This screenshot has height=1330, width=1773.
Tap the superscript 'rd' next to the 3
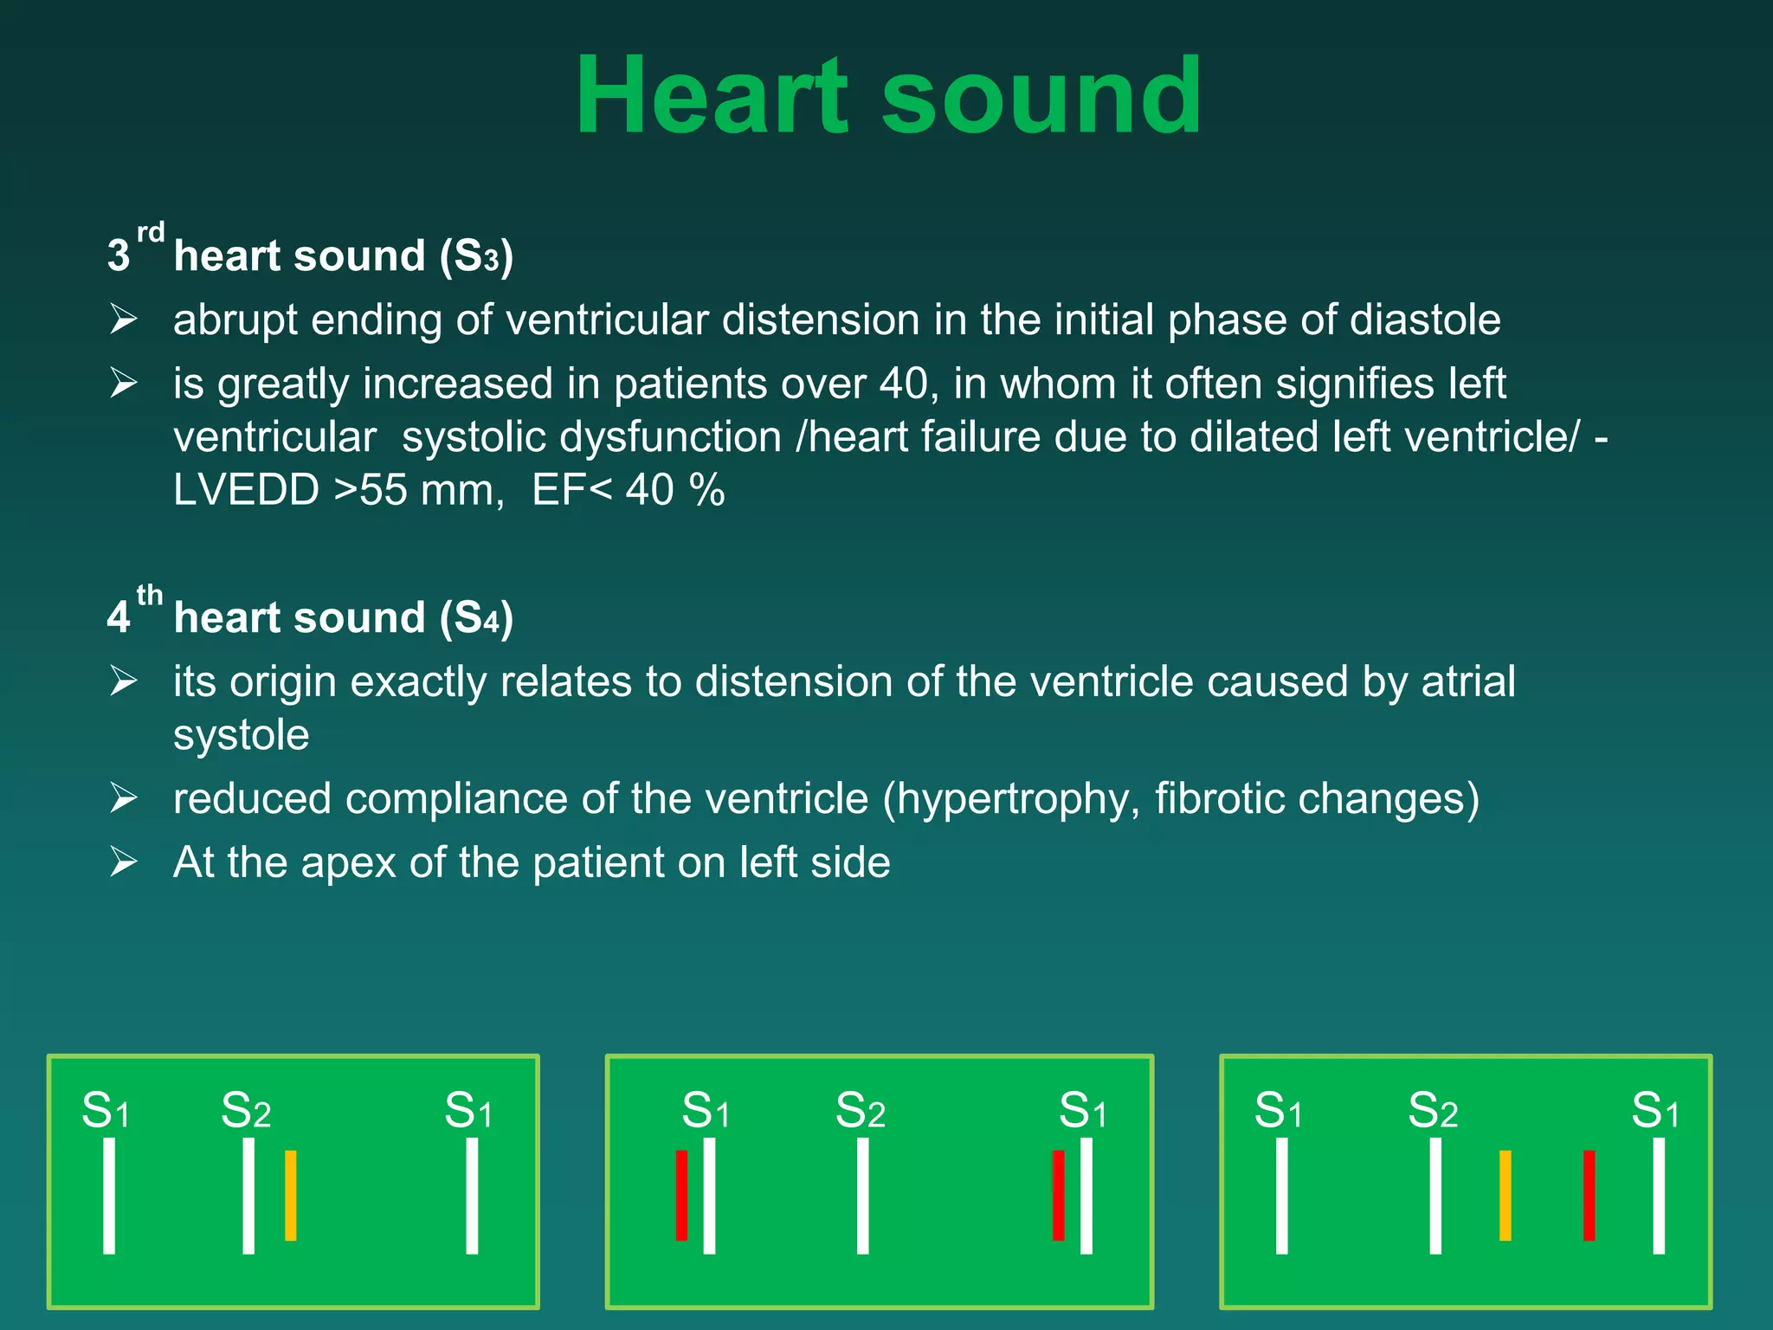151,232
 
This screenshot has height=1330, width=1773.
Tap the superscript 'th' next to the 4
150,595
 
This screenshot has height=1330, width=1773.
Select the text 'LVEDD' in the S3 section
246,490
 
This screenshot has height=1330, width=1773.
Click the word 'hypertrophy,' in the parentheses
1018,798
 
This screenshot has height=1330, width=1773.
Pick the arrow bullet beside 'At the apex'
124,862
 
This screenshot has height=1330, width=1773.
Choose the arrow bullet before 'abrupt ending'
124,320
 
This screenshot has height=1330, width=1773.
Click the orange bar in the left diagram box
291,1195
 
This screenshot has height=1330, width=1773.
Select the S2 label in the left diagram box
246,1111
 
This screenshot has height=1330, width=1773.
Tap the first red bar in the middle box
681,1195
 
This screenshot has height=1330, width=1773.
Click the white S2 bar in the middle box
862,1195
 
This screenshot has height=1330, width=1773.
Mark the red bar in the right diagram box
1589,1195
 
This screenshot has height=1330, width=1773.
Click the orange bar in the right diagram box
1505,1195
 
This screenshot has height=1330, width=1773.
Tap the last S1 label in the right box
1655,1111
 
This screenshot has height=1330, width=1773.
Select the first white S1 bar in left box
109,1195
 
